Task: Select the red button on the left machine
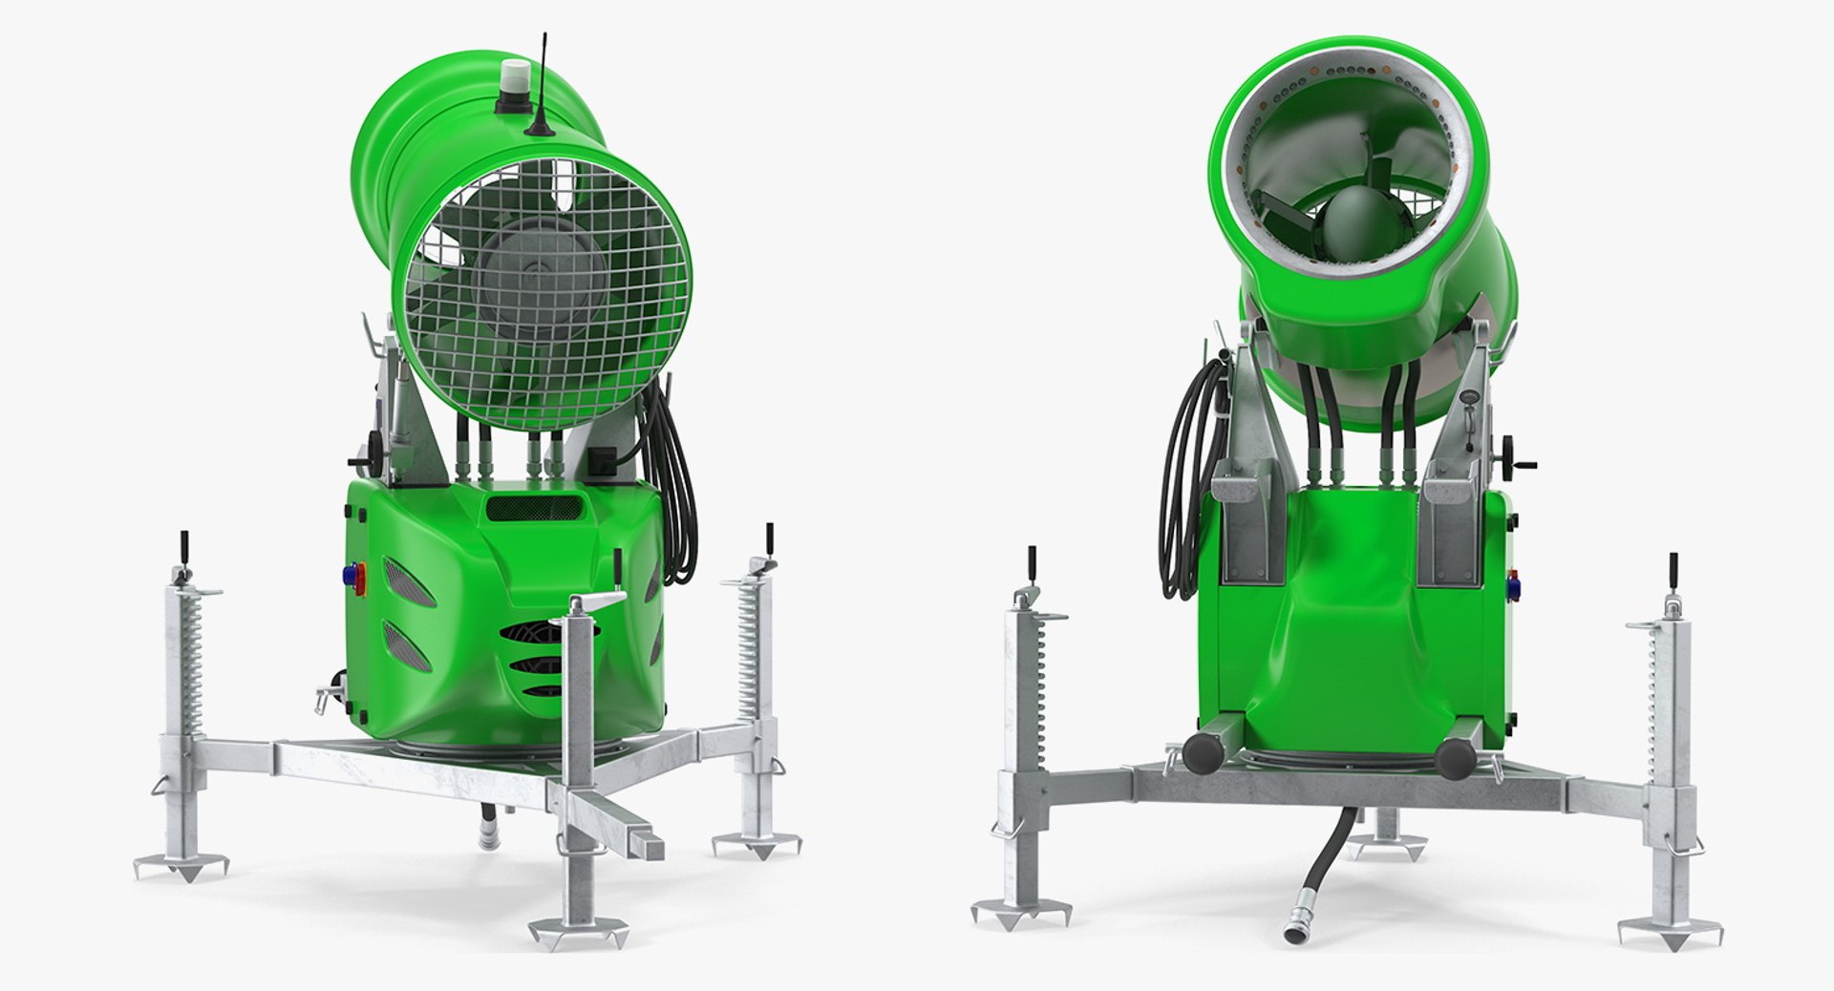point(361,574)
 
